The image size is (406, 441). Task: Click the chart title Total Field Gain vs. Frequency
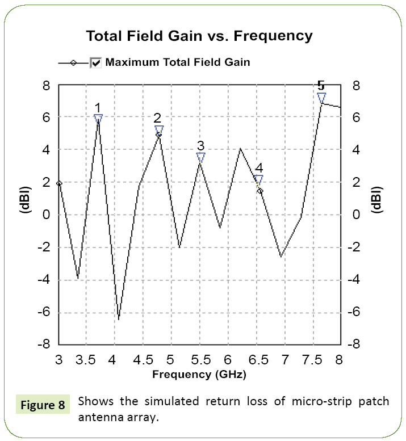click(x=199, y=36)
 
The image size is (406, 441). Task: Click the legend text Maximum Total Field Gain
click(x=178, y=62)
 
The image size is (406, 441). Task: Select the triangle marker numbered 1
click(x=98, y=119)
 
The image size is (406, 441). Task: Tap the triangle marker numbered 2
click(x=159, y=130)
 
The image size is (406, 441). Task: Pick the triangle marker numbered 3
click(x=200, y=157)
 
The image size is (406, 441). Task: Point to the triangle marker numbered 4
click(x=259, y=179)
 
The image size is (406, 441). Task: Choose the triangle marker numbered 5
click(x=321, y=98)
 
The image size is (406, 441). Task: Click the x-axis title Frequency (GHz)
click(x=199, y=375)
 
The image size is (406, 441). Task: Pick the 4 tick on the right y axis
click(x=355, y=150)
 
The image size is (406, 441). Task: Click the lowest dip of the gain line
click(x=119, y=319)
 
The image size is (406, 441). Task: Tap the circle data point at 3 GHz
click(x=59, y=183)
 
